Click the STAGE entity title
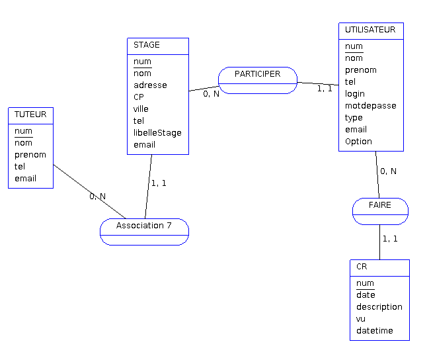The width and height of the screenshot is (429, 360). [147, 45]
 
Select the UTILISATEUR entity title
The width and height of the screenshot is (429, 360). [370, 30]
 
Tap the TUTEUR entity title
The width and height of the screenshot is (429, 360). [30, 114]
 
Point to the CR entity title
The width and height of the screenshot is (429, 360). [362, 267]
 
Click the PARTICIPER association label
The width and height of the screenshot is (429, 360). [257, 74]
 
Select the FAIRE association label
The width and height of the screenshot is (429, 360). [380, 205]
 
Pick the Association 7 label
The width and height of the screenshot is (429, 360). [144, 226]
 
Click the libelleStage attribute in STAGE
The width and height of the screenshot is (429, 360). [157, 132]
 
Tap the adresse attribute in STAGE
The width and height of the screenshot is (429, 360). [150, 85]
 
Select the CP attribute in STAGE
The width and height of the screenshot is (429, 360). [139, 97]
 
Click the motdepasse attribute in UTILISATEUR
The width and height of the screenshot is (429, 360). [370, 105]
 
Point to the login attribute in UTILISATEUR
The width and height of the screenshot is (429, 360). [354, 93]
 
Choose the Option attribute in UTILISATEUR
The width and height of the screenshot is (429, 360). [358, 141]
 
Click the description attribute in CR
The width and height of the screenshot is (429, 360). [379, 306]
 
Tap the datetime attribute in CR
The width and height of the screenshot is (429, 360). [374, 330]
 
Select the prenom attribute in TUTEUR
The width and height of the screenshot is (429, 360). [30, 154]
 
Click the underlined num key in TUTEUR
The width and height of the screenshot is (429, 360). [23, 130]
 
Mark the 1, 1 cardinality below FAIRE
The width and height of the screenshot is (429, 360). [389, 238]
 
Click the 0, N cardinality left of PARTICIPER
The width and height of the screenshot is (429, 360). [211, 93]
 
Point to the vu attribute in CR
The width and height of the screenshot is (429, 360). [361, 318]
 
